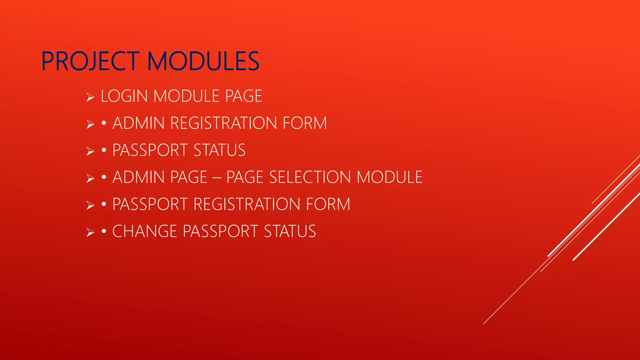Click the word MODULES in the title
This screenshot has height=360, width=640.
click(x=203, y=61)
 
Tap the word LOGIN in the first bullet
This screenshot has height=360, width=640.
click(x=124, y=96)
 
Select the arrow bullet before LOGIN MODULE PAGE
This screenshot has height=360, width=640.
click(x=90, y=97)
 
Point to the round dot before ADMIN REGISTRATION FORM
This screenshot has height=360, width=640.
click(x=104, y=123)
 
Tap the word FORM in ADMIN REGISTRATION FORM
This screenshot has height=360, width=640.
click(x=305, y=123)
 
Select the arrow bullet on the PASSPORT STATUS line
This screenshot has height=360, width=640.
click(x=90, y=152)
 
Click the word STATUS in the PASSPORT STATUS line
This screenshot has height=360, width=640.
click(x=219, y=150)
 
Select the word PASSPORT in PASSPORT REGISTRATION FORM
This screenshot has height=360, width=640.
click(x=150, y=204)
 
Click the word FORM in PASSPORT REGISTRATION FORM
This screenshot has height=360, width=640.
click(x=328, y=204)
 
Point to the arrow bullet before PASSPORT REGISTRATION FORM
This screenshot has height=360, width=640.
click(x=90, y=206)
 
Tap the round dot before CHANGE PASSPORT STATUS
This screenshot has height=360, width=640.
click(x=104, y=232)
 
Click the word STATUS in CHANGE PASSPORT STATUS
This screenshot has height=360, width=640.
click(x=290, y=232)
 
